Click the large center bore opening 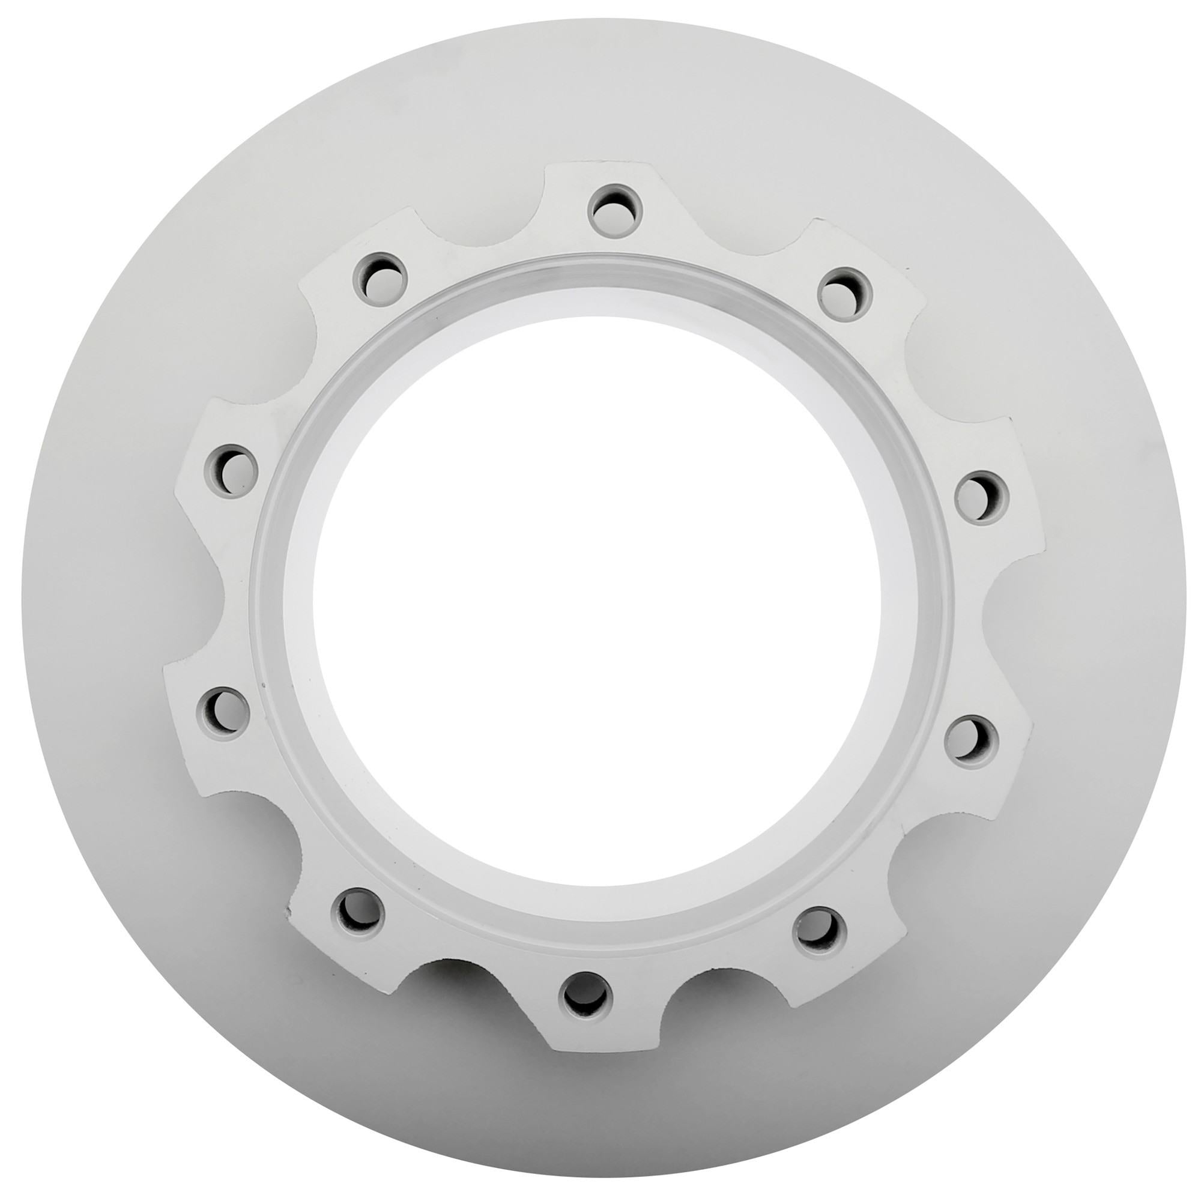click(x=597, y=600)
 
